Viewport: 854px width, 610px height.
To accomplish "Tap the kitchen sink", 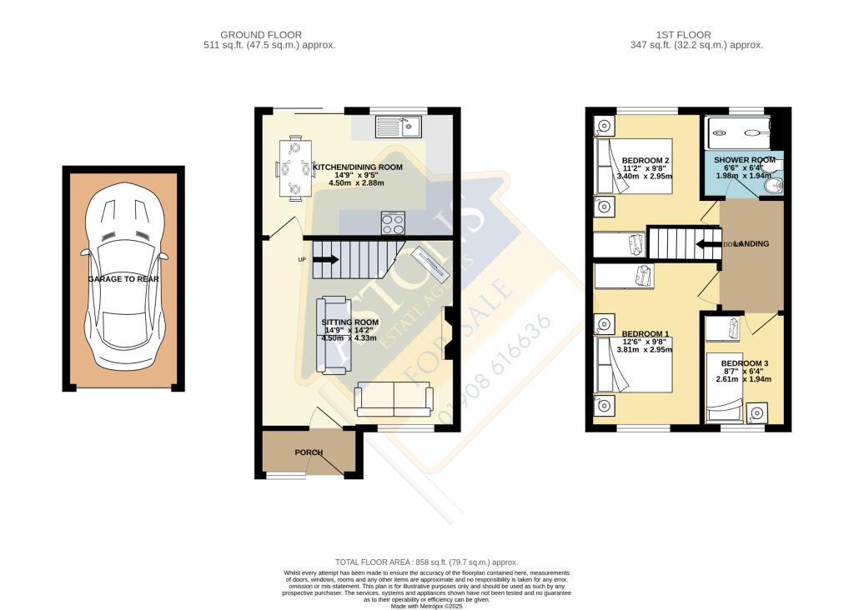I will (x=400, y=127).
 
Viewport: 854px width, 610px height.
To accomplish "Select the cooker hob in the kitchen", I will (x=393, y=223).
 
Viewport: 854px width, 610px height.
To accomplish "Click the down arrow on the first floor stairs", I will (x=707, y=244).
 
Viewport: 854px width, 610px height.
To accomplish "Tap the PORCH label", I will (x=308, y=452).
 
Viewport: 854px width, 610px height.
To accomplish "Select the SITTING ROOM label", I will (x=350, y=322).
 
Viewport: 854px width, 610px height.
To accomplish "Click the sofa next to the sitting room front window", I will (x=394, y=399).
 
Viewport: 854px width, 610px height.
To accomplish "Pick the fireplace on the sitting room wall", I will (x=447, y=332).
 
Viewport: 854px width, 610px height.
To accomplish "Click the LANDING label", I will (x=751, y=244).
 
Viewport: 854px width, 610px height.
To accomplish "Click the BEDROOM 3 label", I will (x=745, y=363).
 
